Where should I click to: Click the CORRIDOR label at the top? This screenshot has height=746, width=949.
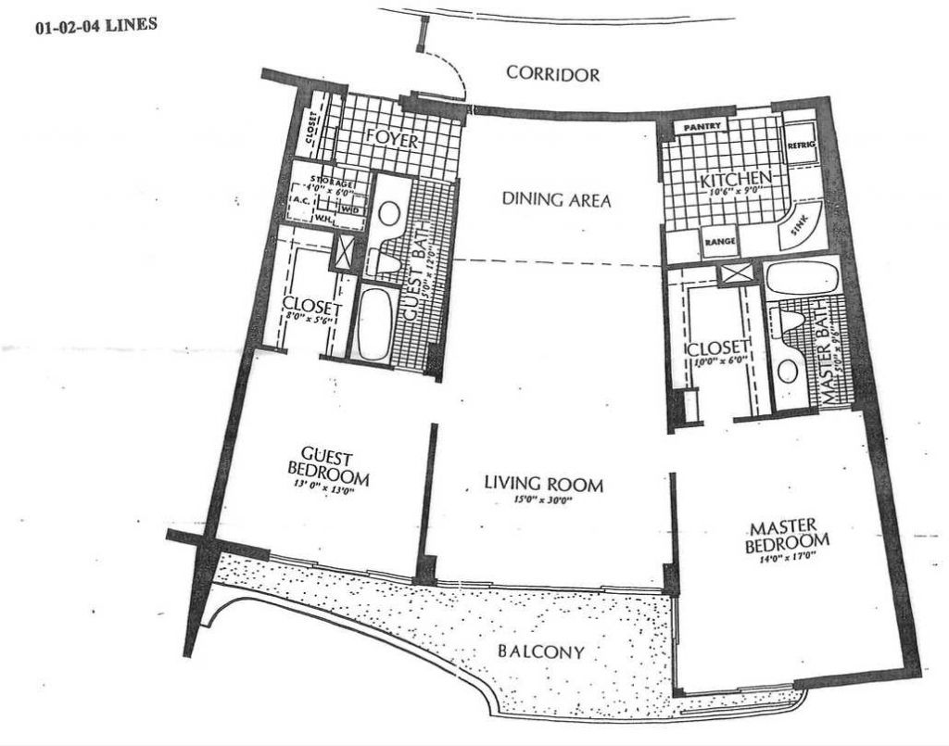tap(553, 75)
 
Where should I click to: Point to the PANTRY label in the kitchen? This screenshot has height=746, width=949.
tap(702, 126)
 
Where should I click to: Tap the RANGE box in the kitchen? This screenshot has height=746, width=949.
tap(719, 243)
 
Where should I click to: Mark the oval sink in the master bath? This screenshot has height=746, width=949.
tap(787, 372)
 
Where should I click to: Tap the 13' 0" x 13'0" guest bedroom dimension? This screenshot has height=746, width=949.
tap(328, 491)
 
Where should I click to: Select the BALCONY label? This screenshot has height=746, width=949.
tap(542, 651)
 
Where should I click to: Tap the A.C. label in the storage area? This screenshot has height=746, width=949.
tap(298, 199)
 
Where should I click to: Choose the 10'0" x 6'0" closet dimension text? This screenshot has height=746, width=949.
tap(714, 362)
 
